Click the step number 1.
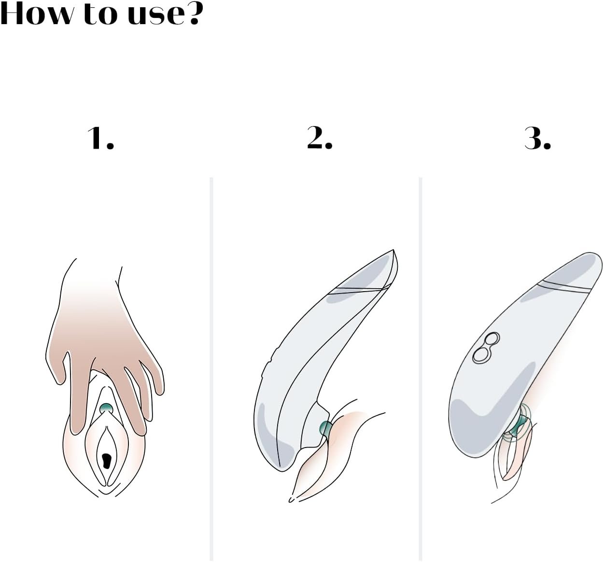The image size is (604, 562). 100,138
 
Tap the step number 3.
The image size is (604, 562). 538,138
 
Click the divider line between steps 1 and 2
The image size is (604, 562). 211,369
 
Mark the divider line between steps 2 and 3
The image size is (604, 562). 421,369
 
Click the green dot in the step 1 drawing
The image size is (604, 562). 106,407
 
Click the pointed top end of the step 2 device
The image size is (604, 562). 393,250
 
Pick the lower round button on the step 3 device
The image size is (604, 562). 481,355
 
